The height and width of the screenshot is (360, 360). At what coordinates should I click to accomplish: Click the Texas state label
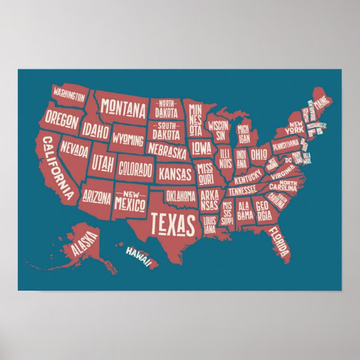pyautogui.click(x=174, y=224)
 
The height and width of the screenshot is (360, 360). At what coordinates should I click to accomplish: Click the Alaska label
pyautogui.click(x=84, y=245)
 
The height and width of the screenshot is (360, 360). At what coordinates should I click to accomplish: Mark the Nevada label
pyautogui.click(x=75, y=149)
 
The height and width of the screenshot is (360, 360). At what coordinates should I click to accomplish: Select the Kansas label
pyautogui.click(x=174, y=174)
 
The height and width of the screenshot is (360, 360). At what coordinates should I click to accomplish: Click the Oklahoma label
pyautogui.click(x=181, y=196)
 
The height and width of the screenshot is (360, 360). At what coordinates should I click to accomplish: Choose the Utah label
pyautogui.click(x=103, y=164)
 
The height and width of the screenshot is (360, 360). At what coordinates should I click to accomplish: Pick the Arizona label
pyautogui.click(x=97, y=197)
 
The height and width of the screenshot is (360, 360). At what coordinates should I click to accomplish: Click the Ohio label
pyautogui.click(x=259, y=154)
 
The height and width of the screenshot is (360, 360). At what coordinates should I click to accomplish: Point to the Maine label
pyautogui.click(x=321, y=104)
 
